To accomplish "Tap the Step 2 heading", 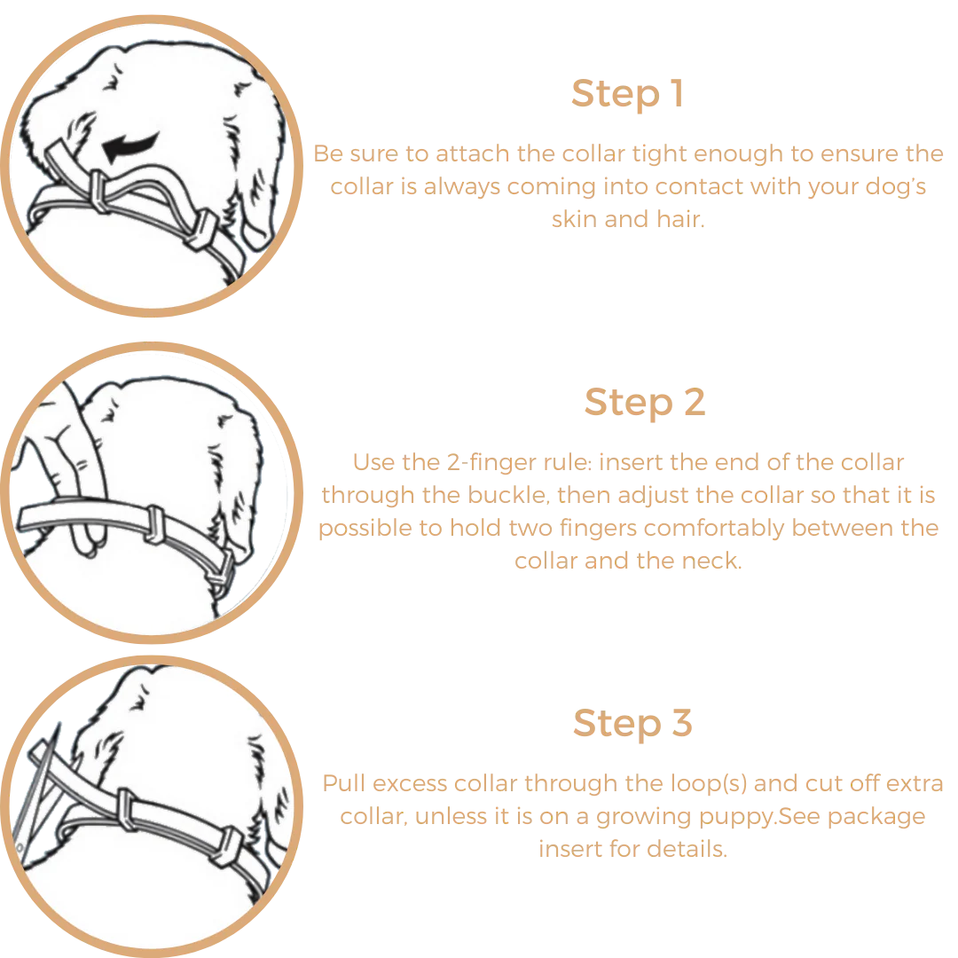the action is click(x=645, y=403).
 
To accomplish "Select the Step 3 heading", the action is click(x=632, y=724).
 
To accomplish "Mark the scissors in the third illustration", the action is click(x=40, y=794).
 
